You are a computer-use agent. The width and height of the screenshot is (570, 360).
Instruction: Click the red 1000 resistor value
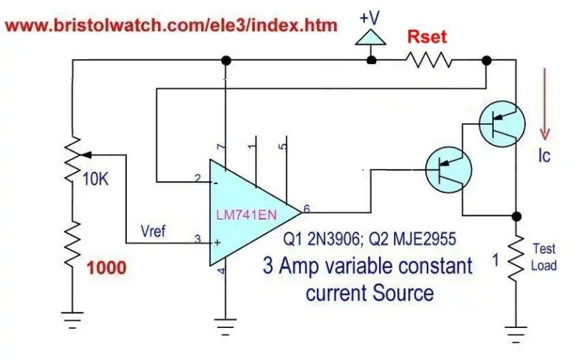point(106,268)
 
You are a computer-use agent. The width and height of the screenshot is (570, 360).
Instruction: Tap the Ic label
point(544,155)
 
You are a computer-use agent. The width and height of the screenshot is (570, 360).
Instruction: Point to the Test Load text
point(544,257)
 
